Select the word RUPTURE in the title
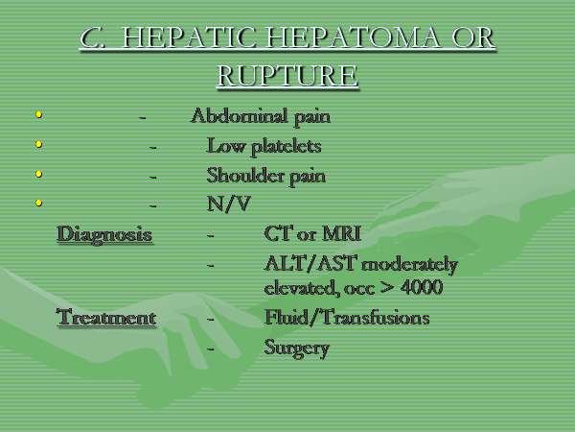point(287,76)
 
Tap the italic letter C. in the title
point(92,37)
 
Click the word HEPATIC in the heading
point(188,37)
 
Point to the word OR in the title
point(473,37)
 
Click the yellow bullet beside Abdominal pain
point(38,114)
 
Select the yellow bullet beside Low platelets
point(38,144)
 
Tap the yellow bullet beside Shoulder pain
point(38,174)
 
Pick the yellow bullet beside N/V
point(38,203)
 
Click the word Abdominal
point(240,115)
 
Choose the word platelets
point(286,146)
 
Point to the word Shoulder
point(245,175)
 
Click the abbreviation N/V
point(229,204)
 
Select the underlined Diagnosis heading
point(104,233)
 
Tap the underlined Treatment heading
point(106,317)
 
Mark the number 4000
point(422,287)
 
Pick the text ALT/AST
point(310,263)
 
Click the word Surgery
point(297,348)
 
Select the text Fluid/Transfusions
point(347,317)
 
